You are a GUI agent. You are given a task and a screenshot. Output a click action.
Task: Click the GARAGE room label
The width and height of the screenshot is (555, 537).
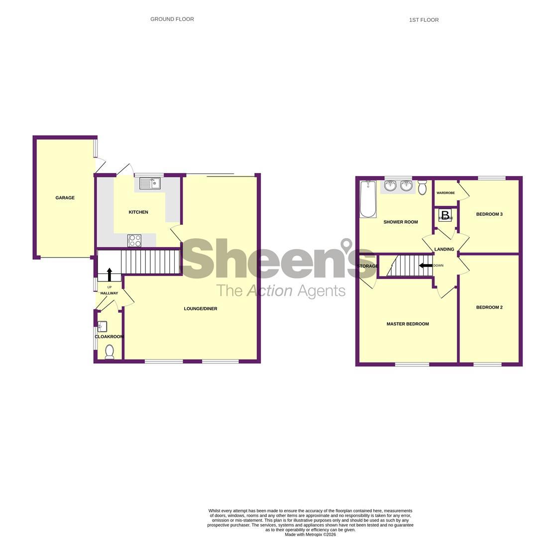click(65, 198)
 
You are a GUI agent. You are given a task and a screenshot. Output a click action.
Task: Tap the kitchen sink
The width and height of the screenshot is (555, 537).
click(149, 183)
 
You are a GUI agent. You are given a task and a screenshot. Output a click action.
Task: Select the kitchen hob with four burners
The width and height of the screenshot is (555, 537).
click(134, 241)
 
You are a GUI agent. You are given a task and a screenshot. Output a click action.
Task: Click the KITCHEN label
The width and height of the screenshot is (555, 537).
click(138, 212)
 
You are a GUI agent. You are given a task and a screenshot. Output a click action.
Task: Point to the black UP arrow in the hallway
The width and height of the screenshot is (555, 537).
click(110, 274)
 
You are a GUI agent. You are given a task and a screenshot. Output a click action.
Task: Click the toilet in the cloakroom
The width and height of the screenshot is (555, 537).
click(110, 352)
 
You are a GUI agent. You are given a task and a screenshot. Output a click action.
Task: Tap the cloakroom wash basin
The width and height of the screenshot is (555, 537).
click(102, 327)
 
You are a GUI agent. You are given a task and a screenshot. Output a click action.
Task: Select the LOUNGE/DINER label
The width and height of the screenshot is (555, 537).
click(201, 309)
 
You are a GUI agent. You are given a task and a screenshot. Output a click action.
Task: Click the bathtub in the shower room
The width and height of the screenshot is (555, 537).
click(368, 199)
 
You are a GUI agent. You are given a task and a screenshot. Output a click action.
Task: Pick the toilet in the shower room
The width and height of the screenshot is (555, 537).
click(422, 187)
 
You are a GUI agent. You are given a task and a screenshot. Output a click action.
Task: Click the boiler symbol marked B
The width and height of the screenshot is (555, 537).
click(445, 215)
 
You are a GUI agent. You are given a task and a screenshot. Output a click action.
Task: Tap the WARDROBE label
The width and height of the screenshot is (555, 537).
click(445, 193)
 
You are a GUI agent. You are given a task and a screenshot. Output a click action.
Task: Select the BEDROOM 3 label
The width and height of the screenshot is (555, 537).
click(489, 214)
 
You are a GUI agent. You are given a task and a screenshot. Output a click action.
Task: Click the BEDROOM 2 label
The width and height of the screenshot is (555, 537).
click(489, 307)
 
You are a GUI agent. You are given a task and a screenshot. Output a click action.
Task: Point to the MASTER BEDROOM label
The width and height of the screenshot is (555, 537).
click(408, 324)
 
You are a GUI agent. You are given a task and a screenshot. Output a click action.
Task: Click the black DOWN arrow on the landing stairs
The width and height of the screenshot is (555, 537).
click(426, 266)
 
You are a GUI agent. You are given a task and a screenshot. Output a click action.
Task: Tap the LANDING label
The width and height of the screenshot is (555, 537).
click(444, 250)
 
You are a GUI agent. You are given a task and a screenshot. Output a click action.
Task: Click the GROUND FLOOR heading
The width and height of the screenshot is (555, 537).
click(172, 19)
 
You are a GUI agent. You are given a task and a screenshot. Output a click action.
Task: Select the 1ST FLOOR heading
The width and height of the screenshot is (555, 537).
click(424, 20)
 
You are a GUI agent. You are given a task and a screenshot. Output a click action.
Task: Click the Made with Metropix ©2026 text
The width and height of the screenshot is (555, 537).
click(310, 535)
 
